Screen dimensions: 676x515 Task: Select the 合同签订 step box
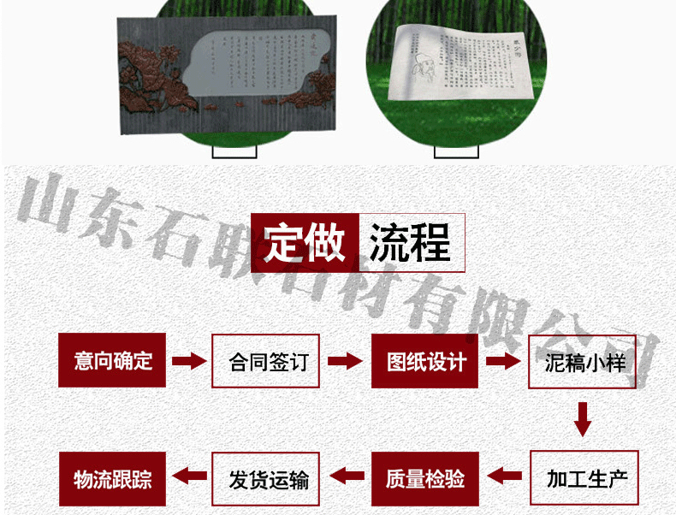pos(265,360)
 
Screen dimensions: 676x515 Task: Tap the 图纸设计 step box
pos(425,360)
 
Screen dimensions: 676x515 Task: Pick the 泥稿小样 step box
pos(584,361)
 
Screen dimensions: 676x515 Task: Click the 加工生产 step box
pos(584,477)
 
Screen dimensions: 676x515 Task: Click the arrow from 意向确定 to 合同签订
pos(189,361)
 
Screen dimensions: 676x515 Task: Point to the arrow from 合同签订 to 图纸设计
pos(345,361)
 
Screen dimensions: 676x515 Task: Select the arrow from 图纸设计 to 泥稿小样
pos(504,361)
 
